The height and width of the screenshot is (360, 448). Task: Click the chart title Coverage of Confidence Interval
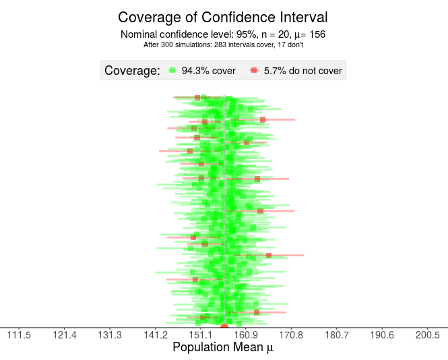pyautogui.click(x=223, y=18)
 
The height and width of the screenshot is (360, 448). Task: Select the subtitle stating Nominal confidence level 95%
pyautogui.click(x=223, y=34)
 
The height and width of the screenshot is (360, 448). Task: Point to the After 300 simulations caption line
pyautogui.click(x=223, y=45)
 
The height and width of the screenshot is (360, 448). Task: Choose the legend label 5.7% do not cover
pyautogui.click(x=302, y=70)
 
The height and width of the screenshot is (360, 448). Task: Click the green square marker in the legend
pyautogui.click(x=172, y=70)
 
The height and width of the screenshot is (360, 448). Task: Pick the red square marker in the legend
pyautogui.click(x=254, y=70)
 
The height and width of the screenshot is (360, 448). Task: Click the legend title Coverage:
pyautogui.click(x=132, y=70)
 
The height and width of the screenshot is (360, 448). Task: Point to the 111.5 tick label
pyautogui.click(x=19, y=335)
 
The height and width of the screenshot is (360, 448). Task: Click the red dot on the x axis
pyautogui.click(x=224, y=327)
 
